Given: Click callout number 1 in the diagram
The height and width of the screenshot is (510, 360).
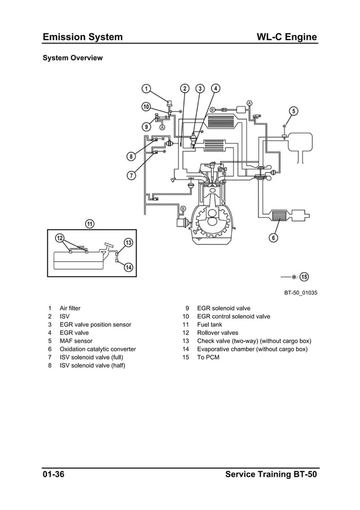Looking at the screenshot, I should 146,89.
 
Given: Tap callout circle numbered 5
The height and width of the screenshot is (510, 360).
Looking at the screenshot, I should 293,111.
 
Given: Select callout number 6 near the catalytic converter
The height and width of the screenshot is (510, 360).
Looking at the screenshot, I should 273,237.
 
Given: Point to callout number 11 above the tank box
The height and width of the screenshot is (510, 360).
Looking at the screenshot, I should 89,223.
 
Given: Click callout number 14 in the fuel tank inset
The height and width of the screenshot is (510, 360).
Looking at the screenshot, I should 128,267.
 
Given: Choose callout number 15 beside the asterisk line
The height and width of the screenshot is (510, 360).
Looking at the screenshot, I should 304,277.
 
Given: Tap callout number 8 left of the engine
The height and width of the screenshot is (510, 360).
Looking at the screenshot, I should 131,156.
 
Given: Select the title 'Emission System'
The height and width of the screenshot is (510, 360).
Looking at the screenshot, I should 82,37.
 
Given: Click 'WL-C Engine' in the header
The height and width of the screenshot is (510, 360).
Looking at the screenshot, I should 286,37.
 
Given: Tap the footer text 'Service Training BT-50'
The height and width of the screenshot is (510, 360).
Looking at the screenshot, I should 271,474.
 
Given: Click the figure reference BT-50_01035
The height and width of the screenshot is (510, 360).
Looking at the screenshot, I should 301,293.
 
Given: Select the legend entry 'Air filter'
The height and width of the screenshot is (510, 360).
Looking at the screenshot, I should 70,308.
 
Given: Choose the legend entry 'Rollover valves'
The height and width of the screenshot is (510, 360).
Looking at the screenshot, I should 217,333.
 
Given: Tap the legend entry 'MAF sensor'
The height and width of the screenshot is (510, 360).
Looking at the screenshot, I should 76,341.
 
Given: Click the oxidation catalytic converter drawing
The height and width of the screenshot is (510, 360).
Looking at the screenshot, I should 279,215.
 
